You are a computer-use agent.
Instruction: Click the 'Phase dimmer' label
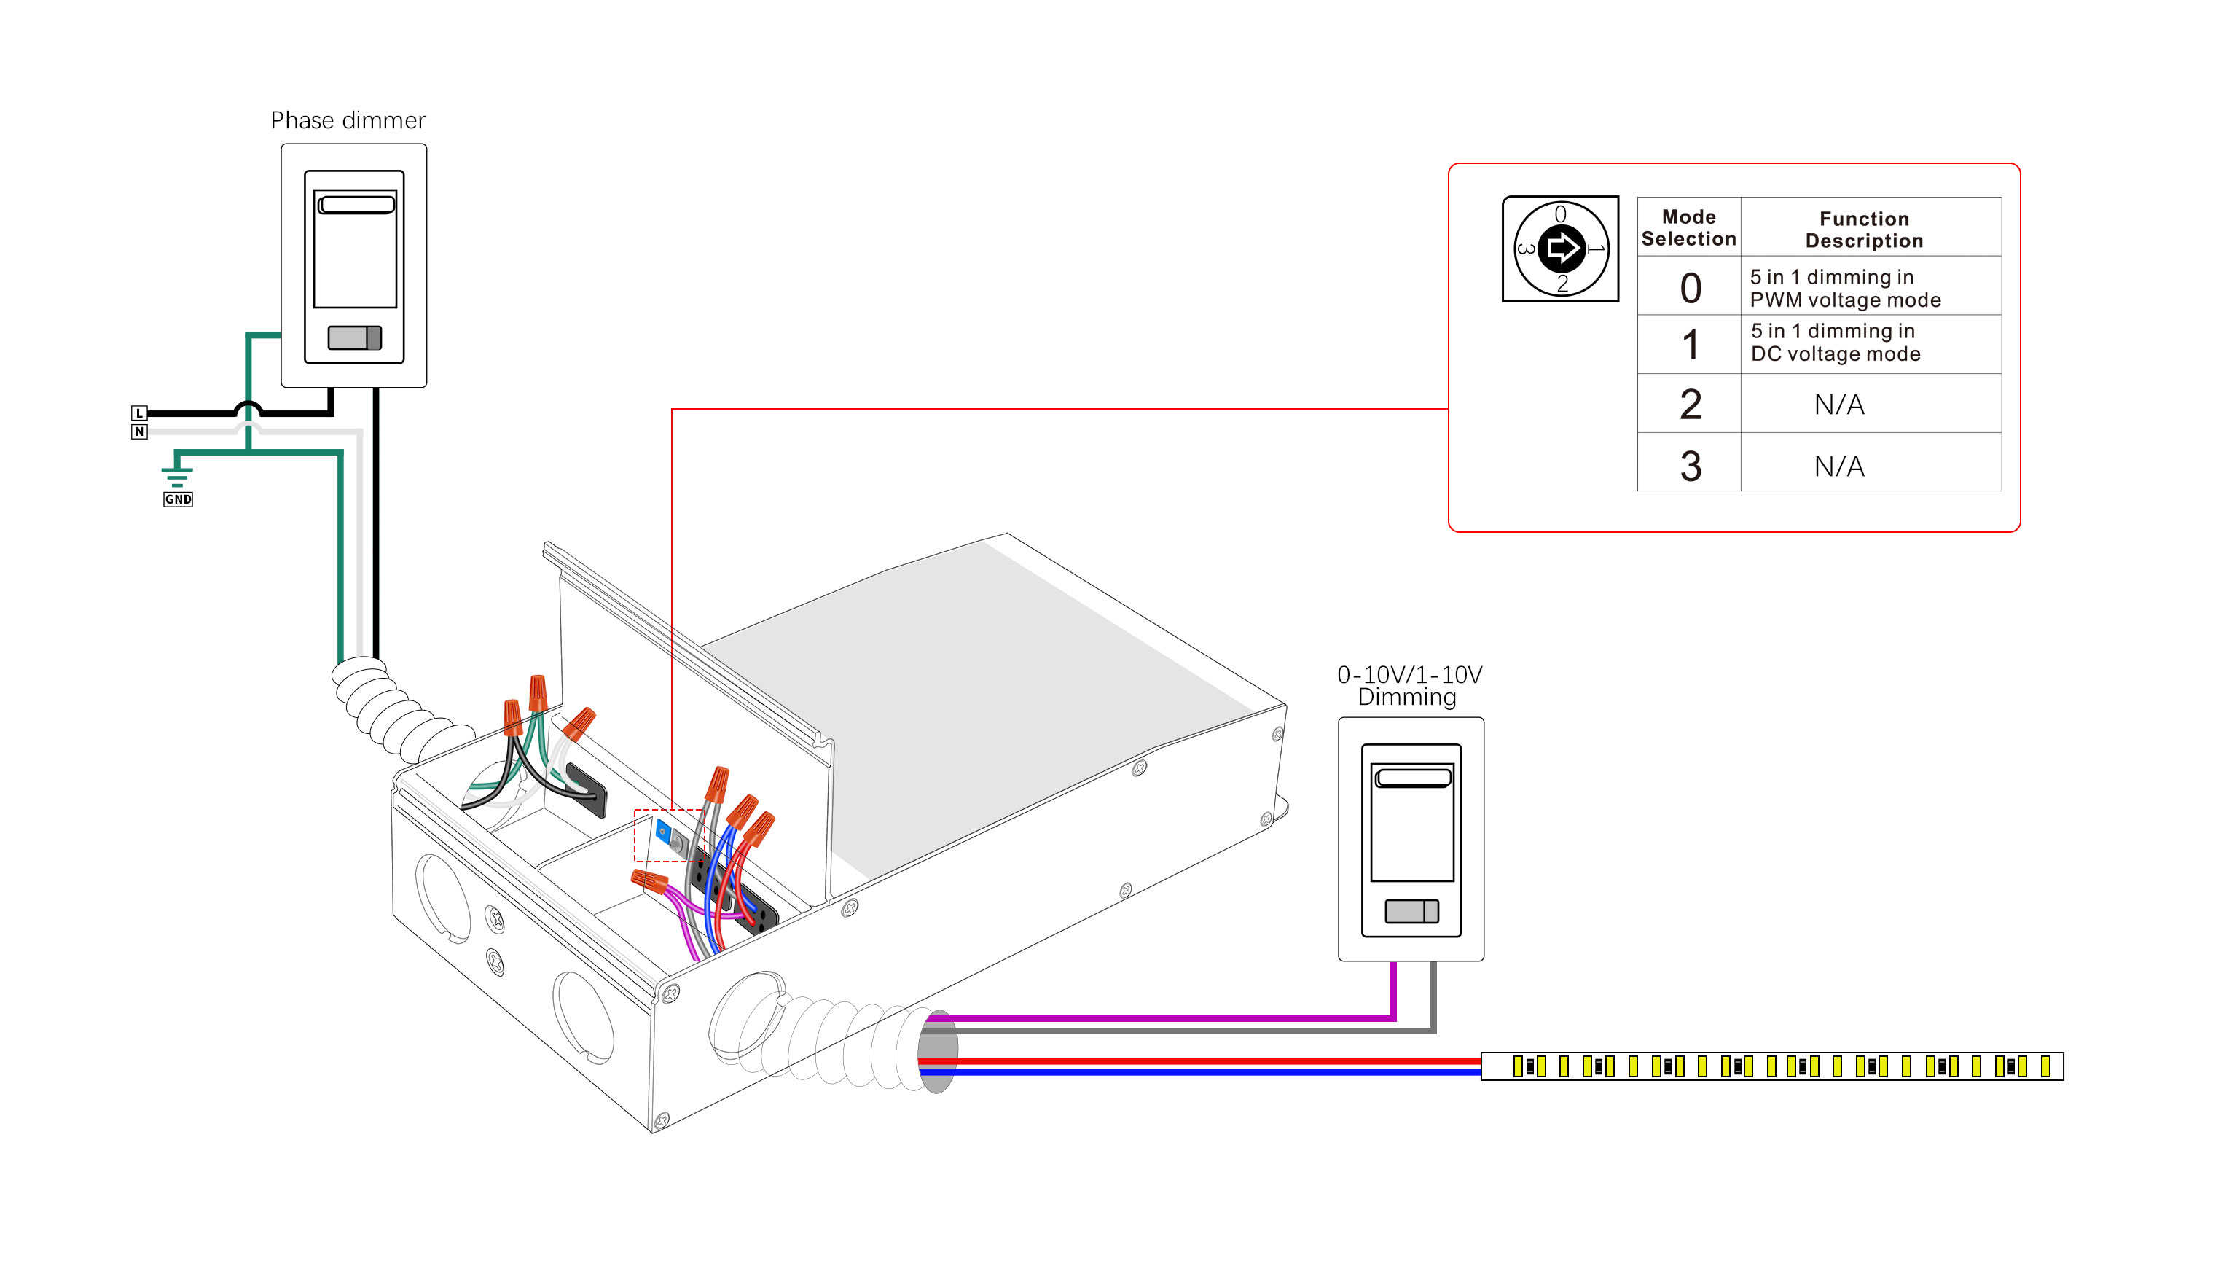click(348, 120)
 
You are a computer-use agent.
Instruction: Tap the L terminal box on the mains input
click(138, 413)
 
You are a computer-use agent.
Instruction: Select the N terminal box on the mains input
click(138, 431)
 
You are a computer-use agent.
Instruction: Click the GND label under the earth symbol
click(178, 499)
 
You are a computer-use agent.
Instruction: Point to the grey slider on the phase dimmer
click(354, 337)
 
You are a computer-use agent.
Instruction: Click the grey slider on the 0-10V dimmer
click(1411, 911)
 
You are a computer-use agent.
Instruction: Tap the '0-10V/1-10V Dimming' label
click(1409, 686)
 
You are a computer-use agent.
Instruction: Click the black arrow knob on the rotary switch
click(1561, 249)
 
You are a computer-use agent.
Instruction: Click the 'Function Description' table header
click(1863, 230)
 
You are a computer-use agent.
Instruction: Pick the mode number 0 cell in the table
click(1690, 288)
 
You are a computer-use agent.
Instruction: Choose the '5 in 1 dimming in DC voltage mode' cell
click(1836, 343)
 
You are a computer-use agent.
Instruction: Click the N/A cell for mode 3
click(1838, 466)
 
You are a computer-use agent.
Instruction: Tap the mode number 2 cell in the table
click(1690, 405)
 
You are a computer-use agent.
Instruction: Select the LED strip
click(1771, 1066)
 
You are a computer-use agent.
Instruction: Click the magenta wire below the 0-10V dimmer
click(1392, 991)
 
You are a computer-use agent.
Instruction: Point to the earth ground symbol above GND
click(177, 474)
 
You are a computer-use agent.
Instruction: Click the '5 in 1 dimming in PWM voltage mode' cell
click(1844, 289)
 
